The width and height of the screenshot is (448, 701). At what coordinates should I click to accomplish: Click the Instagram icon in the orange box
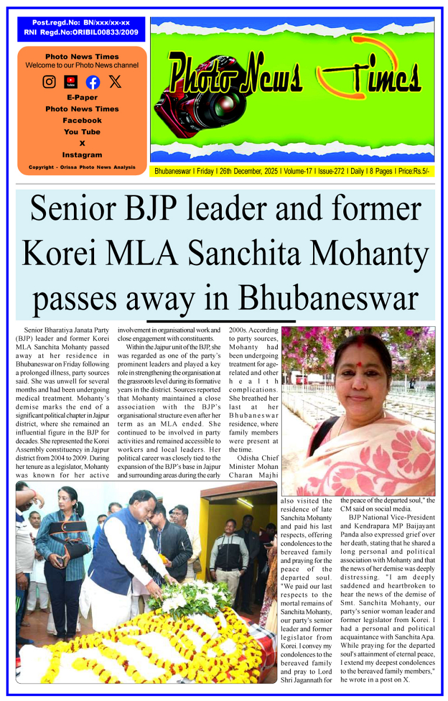(x=49, y=82)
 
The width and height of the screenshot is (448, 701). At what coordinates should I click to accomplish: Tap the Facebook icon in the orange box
(x=93, y=82)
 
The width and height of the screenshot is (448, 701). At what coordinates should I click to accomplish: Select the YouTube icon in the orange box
(x=71, y=82)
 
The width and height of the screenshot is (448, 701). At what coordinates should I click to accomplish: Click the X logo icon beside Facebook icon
(x=115, y=82)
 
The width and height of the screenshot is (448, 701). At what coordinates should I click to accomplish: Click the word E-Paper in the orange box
(x=82, y=97)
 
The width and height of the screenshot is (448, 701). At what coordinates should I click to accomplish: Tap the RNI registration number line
(x=81, y=33)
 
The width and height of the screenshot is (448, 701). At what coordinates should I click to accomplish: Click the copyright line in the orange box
(x=82, y=167)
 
